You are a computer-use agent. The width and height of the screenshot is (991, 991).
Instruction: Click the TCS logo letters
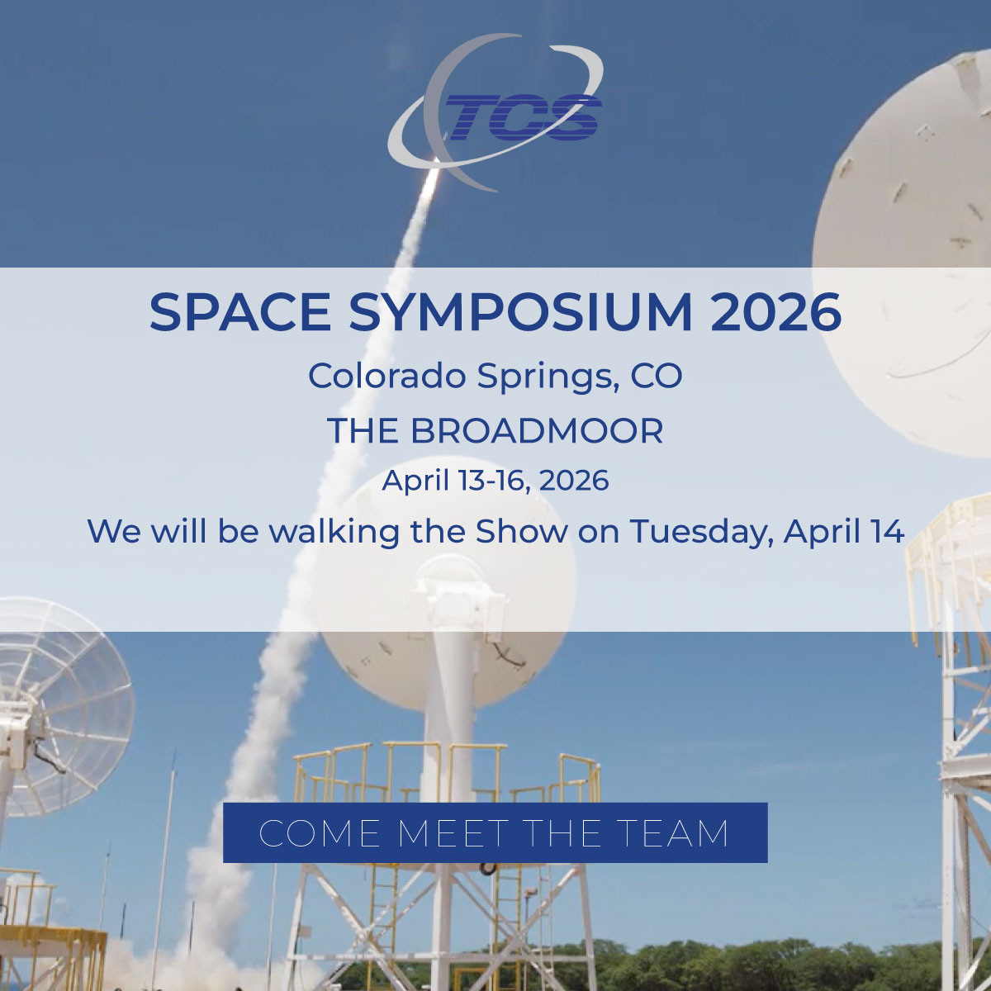click(x=523, y=117)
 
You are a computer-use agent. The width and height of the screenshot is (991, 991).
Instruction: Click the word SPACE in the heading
click(x=240, y=311)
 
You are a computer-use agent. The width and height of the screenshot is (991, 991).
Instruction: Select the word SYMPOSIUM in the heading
click(x=520, y=311)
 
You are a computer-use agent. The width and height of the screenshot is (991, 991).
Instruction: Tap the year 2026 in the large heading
click(x=775, y=311)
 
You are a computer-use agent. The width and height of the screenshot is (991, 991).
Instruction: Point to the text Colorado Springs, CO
click(x=495, y=377)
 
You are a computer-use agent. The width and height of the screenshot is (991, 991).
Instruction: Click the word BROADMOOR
click(x=537, y=430)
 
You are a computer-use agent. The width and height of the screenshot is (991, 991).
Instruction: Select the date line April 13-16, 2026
click(x=495, y=481)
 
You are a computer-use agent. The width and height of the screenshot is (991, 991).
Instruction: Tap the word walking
click(x=334, y=532)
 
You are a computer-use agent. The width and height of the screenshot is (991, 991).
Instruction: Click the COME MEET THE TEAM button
click(x=495, y=832)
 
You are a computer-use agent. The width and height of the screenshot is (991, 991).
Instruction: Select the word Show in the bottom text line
click(x=521, y=531)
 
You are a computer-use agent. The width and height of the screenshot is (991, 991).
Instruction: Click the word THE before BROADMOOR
click(x=363, y=430)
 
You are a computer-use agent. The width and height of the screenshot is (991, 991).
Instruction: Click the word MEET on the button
click(x=453, y=833)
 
